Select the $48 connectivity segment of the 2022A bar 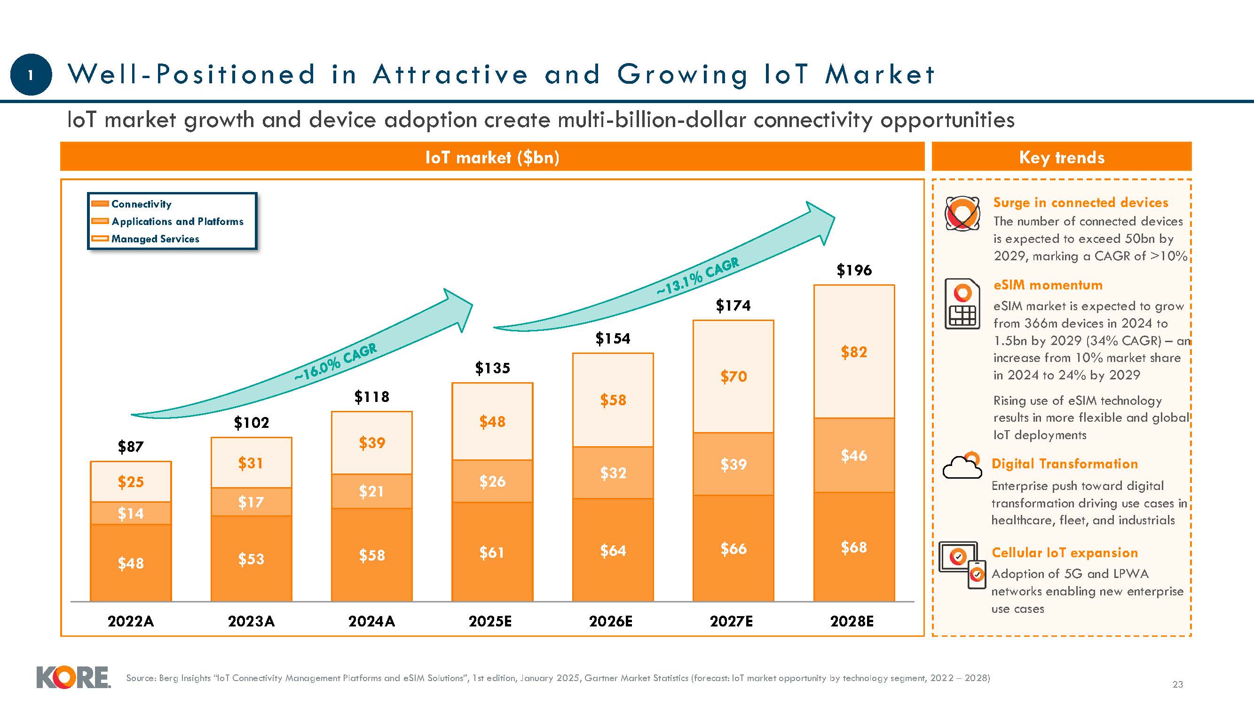[x=130, y=563]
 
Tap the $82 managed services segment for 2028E [x=854, y=352]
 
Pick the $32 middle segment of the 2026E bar [x=613, y=473]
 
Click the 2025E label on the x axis [x=490, y=621]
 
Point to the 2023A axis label [x=251, y=621]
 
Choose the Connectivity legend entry [x=141, y=204]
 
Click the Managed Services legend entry [x=155, y=239]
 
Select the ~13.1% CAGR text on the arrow [x=698, y=276]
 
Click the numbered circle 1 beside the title [x=31, y=74]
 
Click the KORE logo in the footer [x=73, y=677]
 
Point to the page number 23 [x=1177, y=684]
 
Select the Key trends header [x=1061, y=157]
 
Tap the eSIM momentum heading [x=1048, y=285]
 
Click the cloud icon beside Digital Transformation [x=962, y=466]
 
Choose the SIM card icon [x=962, y=304]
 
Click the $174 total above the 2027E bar [x=733, y=305]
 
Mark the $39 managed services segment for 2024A [x=372, y=443]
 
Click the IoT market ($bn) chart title [x=492, y=157]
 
